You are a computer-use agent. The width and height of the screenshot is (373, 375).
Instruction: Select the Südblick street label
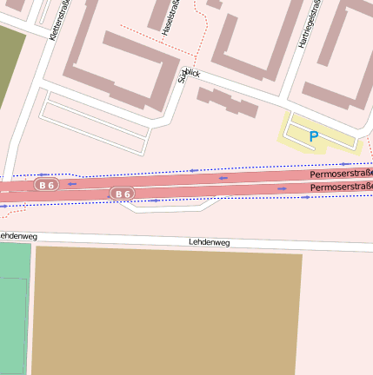click(x=189, y=75)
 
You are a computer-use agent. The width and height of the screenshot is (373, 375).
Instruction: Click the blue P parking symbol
click(x=313, y=135)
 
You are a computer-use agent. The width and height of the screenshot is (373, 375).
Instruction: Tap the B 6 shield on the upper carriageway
click(x=46, y=185)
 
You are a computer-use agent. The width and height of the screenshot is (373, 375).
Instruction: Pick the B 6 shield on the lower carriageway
click(x=122, y=194)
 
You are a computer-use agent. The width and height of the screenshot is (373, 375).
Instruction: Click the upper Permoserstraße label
click(x=341, y=174)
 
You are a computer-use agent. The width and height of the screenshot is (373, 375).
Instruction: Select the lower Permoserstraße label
click(x=341, y=187)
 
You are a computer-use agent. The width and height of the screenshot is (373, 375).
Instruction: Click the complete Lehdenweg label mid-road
click(x=209, y=243)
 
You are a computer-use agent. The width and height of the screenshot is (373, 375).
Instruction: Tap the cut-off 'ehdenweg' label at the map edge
click(x=17, y=235)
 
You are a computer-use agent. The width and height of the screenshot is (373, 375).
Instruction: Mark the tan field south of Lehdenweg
click(x=165, y=312)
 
